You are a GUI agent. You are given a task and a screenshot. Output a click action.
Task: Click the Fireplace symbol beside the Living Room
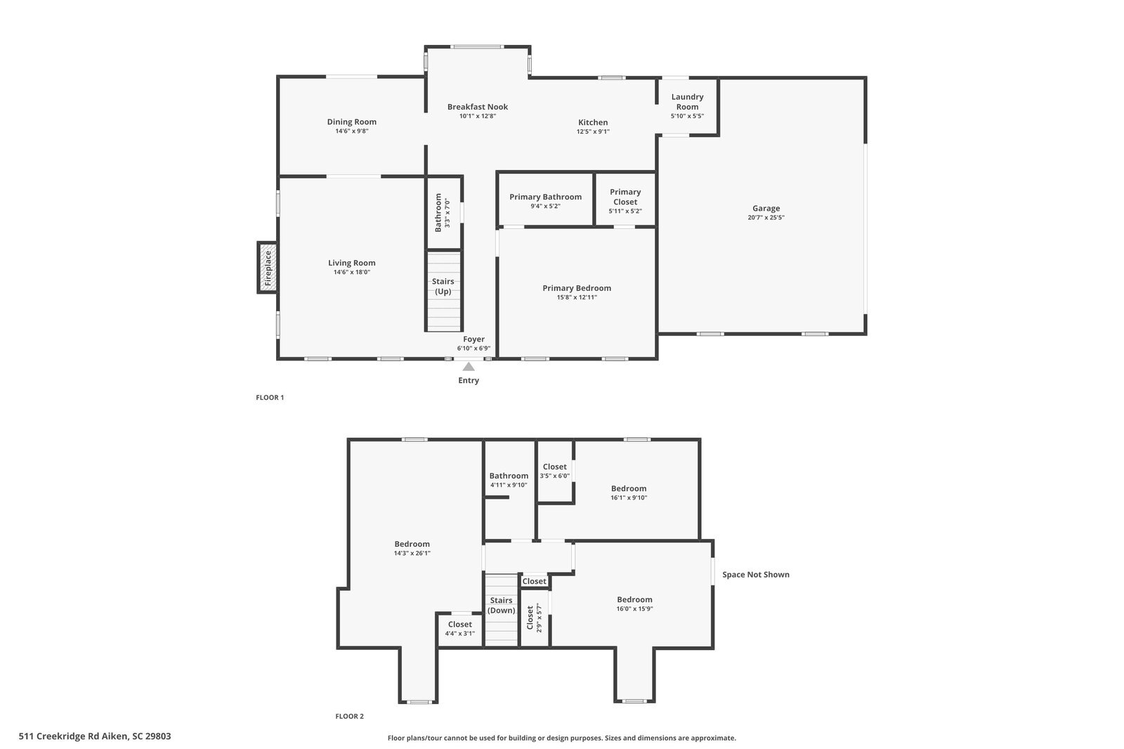tap(267, 268)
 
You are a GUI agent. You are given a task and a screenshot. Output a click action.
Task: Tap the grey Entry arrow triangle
tap(469, 367)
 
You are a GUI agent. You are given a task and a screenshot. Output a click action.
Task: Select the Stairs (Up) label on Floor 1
tap(443, 286)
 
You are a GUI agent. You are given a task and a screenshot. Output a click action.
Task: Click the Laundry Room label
tap(687, 102)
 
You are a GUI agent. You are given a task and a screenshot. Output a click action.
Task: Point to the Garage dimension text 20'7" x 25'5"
tap(766, 218)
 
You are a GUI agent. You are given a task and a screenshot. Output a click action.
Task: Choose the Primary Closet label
tap(625, 197)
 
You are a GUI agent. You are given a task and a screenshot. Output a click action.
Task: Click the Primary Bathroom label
tap(545, 197)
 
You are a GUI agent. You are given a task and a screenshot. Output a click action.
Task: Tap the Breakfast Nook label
tap(478, 107)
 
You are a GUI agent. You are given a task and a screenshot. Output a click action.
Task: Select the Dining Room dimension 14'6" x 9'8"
tap(352, 131)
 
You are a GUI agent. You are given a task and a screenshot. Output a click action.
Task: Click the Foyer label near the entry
tap(473, 339)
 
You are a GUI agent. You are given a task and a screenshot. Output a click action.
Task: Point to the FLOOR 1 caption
tap(270, 398)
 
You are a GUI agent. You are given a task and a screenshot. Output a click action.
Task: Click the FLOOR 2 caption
tap(349, 717)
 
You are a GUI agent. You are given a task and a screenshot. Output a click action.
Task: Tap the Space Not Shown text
tap(756, 575)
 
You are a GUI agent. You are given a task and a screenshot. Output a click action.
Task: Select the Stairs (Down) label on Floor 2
tap(502, 605)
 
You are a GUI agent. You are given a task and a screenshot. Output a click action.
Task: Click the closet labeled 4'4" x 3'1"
tap(460, 628)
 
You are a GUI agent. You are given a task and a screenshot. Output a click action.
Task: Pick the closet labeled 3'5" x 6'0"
tap(554, 471)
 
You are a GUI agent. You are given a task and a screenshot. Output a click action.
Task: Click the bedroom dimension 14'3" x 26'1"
tap(412, 553)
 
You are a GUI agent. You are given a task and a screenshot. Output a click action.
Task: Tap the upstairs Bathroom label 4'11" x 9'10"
tap(509, 480)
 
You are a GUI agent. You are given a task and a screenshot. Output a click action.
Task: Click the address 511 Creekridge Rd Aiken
tap(95, 736)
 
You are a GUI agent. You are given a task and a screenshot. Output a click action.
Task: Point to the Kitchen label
tap(593, 122)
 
